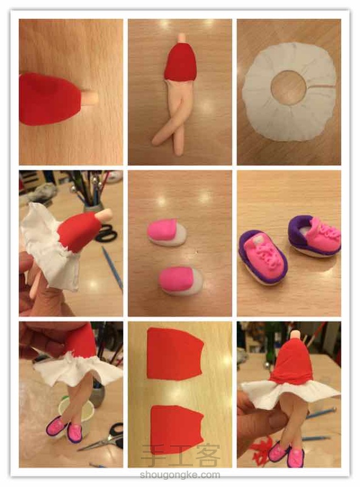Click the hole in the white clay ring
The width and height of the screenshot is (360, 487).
(x=288, y=86)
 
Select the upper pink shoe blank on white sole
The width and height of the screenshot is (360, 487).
(x=167, y=233)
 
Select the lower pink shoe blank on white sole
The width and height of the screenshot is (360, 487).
(x=180, y=281)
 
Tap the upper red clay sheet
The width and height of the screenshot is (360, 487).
(x=175, y=354)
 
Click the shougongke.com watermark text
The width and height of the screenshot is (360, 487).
(x=180, y=475)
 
